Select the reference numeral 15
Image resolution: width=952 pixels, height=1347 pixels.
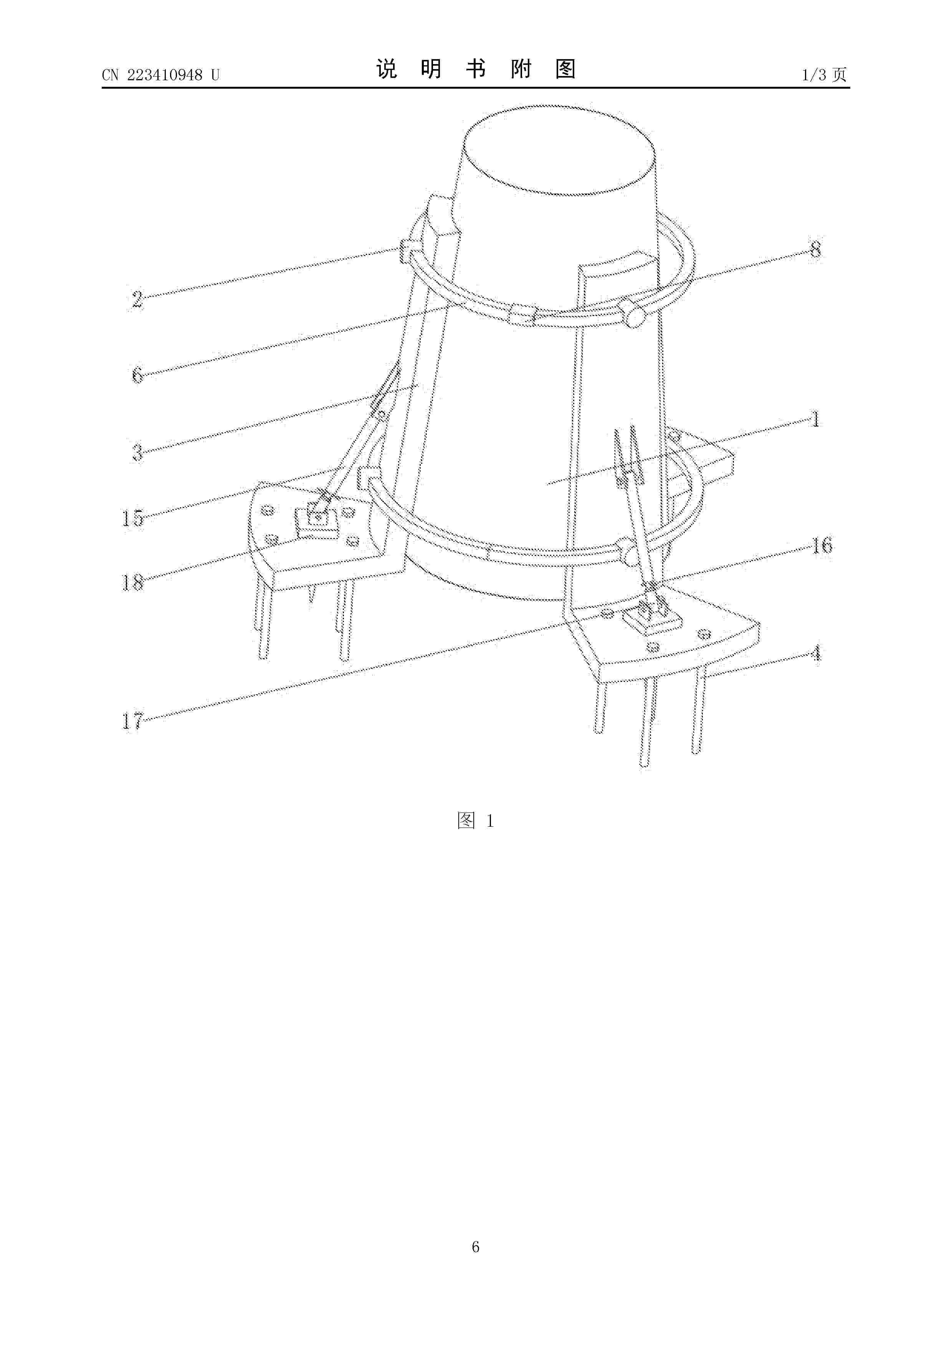[132, 518]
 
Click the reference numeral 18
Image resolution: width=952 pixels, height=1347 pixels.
[132, 582]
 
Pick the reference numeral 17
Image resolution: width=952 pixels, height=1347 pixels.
[132, 720]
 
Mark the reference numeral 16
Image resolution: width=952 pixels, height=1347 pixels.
[822, 546]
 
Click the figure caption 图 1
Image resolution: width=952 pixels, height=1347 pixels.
[476, 821]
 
